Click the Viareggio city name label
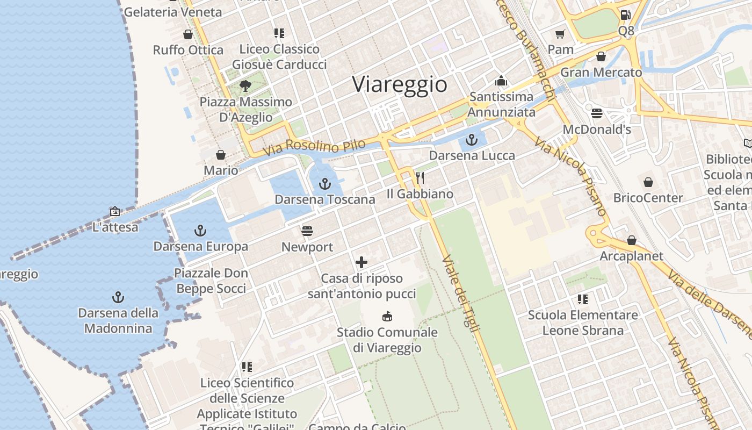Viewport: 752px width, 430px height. tap(400, 84)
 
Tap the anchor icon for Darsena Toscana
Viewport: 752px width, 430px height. tap(324, 184)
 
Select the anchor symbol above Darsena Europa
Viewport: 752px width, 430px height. tap(200, 231)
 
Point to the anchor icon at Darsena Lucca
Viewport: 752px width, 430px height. tap(471, 140)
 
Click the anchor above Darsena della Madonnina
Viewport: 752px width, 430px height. tap(118, 297)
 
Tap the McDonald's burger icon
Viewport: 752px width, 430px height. tap(597, 113)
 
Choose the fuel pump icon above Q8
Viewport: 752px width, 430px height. tap(625, 15)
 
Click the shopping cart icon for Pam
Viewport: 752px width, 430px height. tap(560, 34)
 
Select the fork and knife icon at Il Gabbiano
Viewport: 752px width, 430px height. tap(420, 178)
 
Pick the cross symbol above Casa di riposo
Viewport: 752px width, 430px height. tap(361, 263)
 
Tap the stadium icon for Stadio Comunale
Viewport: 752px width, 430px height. tap(387, 316)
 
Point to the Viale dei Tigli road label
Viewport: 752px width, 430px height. tap(460, 293)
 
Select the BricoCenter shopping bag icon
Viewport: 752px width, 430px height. tap(648, 182)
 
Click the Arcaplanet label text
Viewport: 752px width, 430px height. tap(632, 256)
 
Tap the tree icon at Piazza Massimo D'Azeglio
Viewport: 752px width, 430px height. tap(245, 86)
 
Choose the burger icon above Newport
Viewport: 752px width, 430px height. tap(307, 231)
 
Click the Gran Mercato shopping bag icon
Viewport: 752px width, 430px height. tap(601, 56)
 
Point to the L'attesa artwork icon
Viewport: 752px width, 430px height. tap(114, 211)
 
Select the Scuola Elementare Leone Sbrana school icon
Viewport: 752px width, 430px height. tap(583, 299)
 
